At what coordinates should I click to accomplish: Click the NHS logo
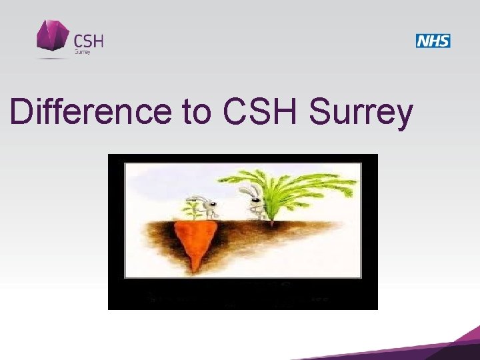(x=433, y=41)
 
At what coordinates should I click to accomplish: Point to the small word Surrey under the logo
(x=83, y=52)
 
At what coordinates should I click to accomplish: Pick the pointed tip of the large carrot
(x=194, y=269)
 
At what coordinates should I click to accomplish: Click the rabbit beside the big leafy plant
(x=257, y=203)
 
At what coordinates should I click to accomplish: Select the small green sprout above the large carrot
(x=193, y=209)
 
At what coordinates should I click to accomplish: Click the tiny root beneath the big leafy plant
(x=271, y=223)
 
